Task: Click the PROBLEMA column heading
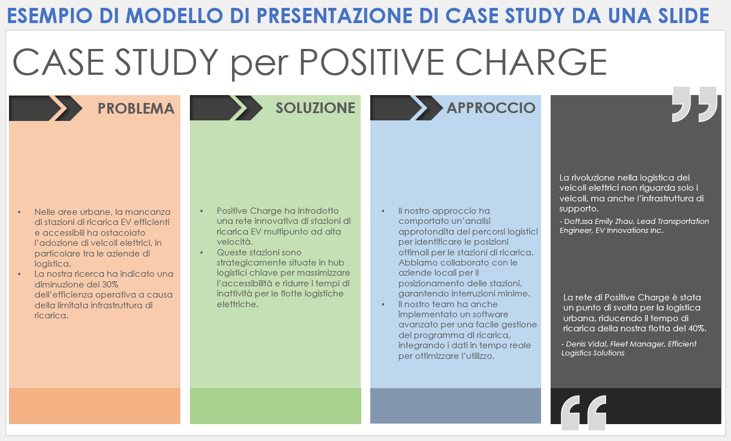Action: point(136,109)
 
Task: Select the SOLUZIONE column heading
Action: point(315,109)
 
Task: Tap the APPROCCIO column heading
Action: point(491,108)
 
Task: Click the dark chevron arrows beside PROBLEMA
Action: point(46,108)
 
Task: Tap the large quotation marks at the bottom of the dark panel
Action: point(584,413)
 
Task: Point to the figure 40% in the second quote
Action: point(696,328)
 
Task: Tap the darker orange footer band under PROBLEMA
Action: point(94,406)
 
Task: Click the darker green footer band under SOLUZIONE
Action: point(275,406)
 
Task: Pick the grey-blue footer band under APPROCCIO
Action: point(455,406)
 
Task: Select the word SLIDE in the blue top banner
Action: point(680,16)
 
